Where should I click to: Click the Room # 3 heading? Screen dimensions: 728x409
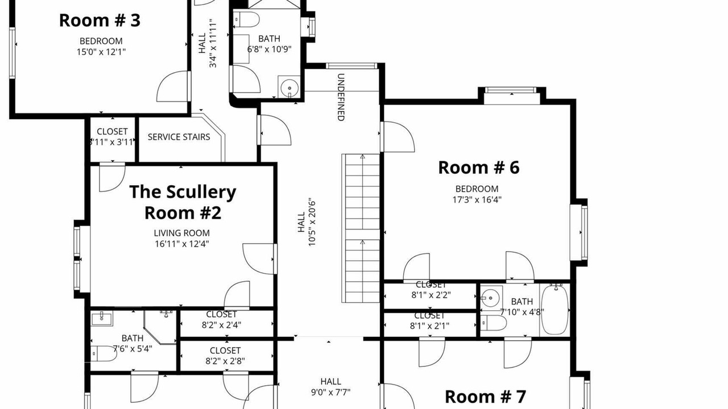(x=100, y=20)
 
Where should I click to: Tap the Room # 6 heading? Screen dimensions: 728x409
(x=479, y=168)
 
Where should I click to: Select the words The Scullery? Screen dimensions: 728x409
(x=183, y=192)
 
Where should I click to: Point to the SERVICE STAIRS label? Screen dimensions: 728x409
(x=179, y=137)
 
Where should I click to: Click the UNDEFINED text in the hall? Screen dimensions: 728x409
(x=341, y=97)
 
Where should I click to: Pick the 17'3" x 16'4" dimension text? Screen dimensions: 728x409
(x=477, y=199)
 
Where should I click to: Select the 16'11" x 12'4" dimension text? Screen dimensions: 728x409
(x=181, y=244)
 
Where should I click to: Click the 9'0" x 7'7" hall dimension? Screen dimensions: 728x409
(x=330, y=393)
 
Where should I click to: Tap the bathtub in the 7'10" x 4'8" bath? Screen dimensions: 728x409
(x=555, y=310)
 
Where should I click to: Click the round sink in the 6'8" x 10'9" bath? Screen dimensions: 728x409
(x=289, y=87)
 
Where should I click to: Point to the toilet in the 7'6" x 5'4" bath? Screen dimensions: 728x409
(x=104, y=354)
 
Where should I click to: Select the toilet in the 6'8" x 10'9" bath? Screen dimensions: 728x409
(x=246, y=19)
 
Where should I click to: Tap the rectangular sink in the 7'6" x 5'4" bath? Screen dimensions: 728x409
(x=102, y=319)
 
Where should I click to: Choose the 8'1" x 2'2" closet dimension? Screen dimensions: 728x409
(x=431, y=295)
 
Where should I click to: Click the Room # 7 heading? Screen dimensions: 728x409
(x=485, y=397)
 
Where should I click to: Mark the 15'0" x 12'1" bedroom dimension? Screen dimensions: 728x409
(x=101, y=52)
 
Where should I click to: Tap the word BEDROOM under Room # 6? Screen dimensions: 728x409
(x=477, y=189)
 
